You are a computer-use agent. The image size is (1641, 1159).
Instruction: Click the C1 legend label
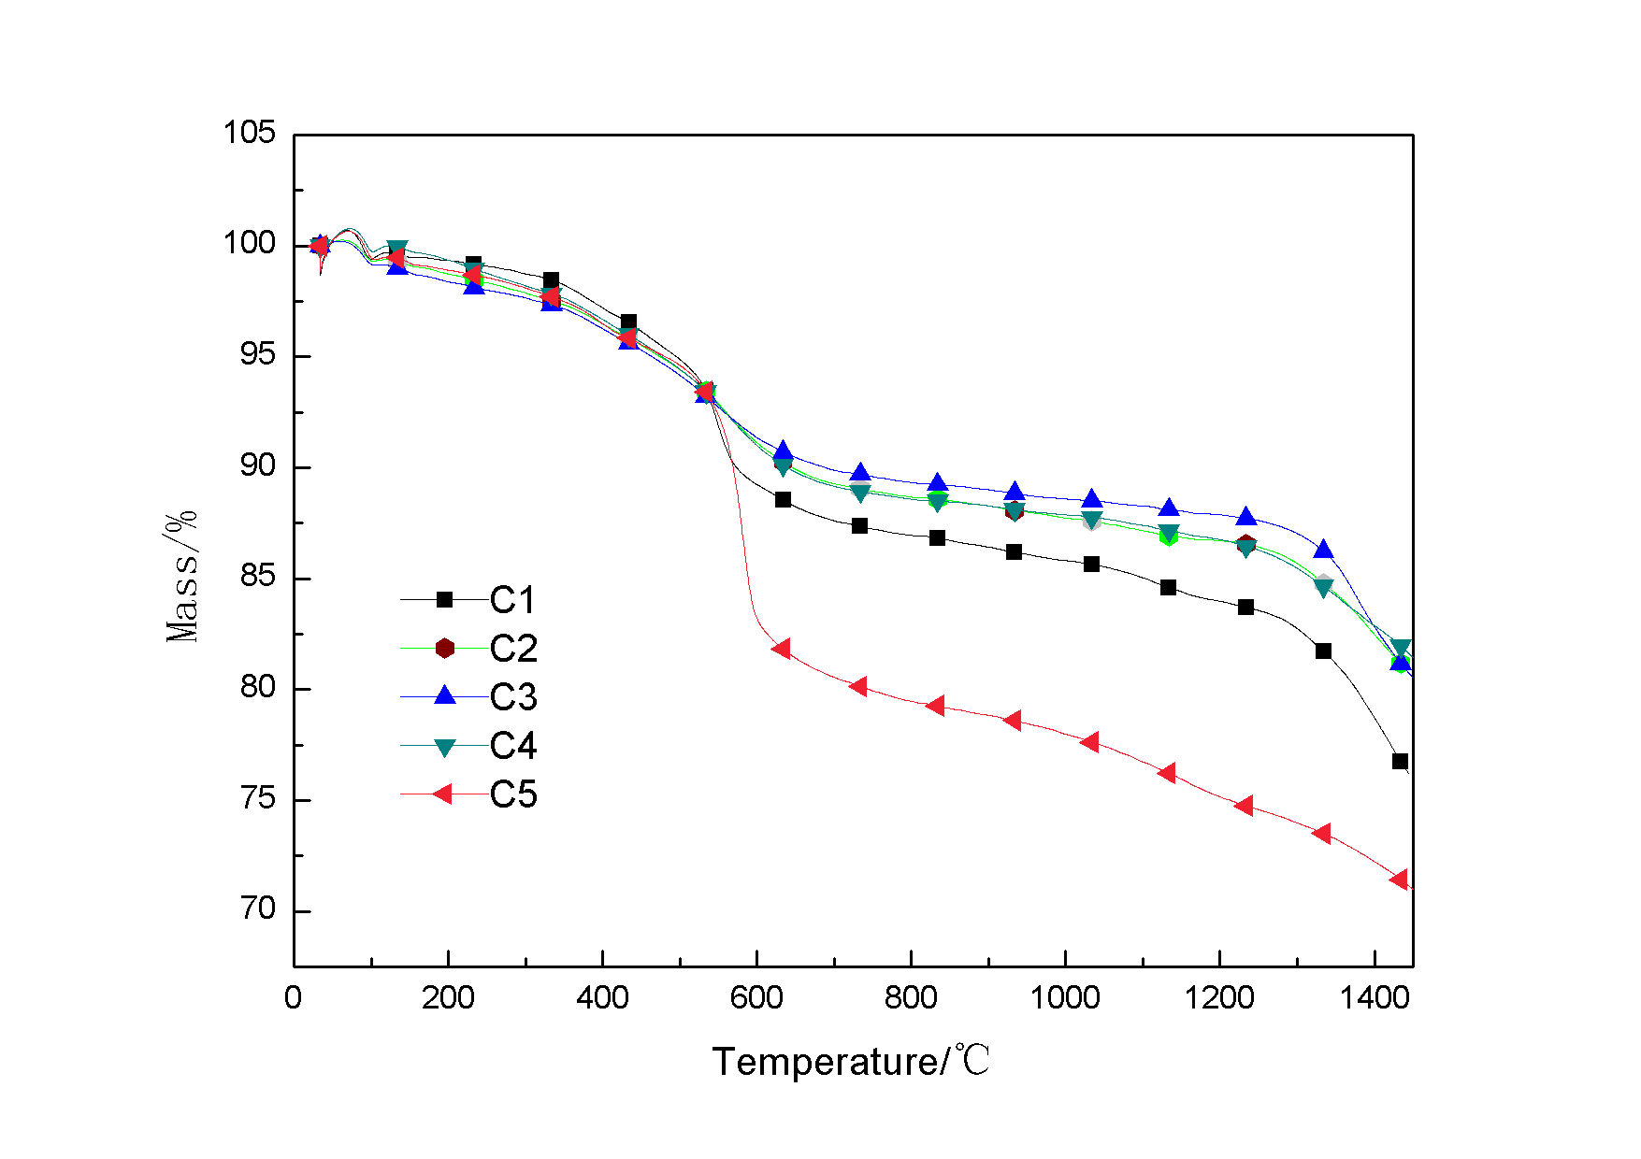point(512,600)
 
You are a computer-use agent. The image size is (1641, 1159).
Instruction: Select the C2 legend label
point(512,649)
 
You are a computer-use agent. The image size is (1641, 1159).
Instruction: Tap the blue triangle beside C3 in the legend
point(445,695)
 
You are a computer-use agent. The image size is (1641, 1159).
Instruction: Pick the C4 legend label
point(512,746)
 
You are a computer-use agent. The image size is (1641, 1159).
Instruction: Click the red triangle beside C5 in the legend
point(443,794)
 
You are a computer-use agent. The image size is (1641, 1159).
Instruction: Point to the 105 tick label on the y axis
point(249,133)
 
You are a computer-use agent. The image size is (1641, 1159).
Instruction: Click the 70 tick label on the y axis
point(258,909)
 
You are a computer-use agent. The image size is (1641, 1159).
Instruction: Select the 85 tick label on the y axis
point(258,576)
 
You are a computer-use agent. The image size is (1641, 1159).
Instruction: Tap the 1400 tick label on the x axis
point(1374,998)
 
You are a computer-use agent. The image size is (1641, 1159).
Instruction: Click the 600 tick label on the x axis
point(756,998)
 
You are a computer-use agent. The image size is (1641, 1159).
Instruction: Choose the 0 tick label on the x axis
point(293,998)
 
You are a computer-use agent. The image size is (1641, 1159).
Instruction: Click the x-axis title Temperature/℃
point(850,1062)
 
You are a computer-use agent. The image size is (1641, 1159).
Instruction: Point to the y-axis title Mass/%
point(181,577)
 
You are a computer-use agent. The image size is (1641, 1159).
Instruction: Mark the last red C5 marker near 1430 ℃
point(1399,880)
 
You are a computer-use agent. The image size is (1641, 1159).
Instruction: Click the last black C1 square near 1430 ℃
point(1400,762)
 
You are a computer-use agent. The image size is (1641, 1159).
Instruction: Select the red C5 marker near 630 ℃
point(782,649)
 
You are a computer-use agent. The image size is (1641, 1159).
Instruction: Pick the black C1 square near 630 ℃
point(783,500)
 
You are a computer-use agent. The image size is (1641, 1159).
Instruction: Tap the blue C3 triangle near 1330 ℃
point(1323,550)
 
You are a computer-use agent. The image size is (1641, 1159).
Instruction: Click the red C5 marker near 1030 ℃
point(1089,742)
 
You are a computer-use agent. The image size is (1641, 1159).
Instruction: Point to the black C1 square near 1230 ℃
point(1245,608)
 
